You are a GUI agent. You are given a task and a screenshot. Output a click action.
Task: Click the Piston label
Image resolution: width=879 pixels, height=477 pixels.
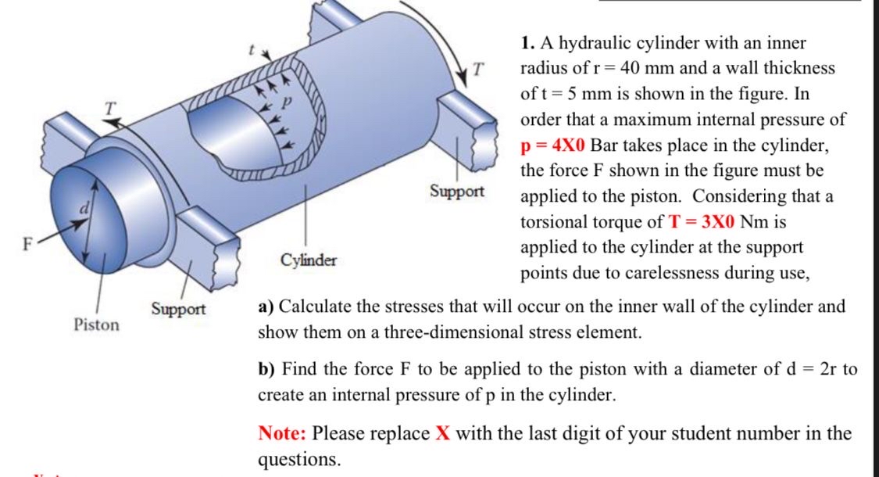click(x=97, y=324)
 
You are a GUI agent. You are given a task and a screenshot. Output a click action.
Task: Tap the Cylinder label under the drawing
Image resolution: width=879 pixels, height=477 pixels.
click(x=309, y=260)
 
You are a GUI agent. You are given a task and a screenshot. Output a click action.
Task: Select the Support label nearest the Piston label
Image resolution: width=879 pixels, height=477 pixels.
click(x=178, y=309)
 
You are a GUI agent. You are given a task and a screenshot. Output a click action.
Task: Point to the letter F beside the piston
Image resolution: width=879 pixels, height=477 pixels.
click(x=26, y=242)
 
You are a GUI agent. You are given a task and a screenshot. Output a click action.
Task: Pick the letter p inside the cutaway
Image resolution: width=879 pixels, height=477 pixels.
click(x=285, y=102)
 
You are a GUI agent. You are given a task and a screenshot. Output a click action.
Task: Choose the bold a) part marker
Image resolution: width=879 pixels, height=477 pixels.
click(x=266, y=306)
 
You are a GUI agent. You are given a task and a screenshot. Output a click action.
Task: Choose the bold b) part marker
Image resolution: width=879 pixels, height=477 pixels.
click(x=266, y=368)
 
